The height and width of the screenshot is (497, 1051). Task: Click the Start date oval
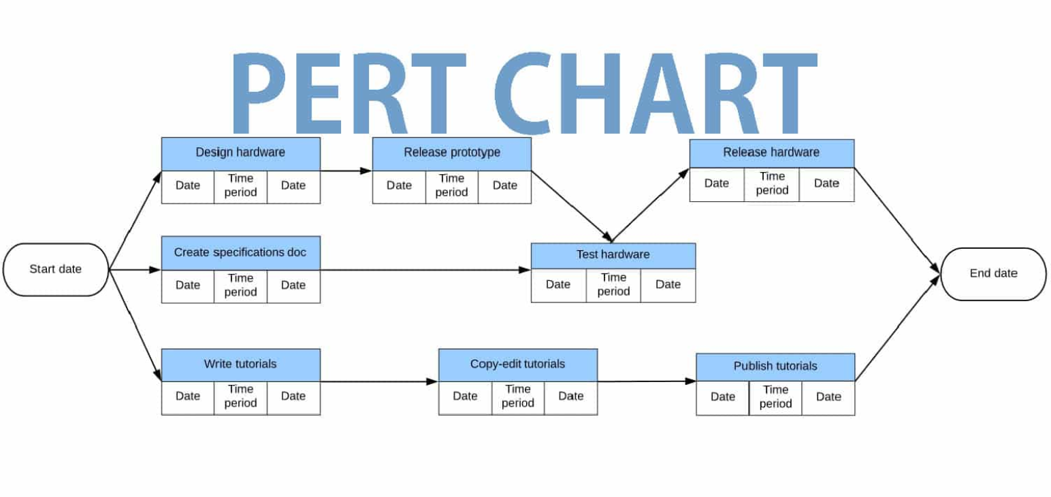[56, 269]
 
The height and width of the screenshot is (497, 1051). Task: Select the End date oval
[993, 273]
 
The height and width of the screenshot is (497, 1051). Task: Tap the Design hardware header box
[240, 153]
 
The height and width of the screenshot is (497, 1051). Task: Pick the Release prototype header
[451, 153]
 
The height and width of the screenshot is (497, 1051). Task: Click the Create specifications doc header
[240, 253]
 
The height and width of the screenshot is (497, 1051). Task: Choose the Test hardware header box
[613, 256]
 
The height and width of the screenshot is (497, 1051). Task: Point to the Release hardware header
[771, 153]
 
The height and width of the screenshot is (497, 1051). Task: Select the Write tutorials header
[240, 364]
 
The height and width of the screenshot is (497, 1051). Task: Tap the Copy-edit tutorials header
[517, 364]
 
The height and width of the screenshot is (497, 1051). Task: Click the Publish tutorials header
[775, 366]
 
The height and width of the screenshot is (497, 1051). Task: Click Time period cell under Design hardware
[240, 186]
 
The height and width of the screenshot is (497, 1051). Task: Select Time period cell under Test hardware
[613, 285]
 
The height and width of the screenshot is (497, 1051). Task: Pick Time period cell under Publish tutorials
[775, 397]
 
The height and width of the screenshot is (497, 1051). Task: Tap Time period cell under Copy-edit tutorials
[517, 396]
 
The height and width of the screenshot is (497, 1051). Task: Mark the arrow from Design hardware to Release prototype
[346, 171]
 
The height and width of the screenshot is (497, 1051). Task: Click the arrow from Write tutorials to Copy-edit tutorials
[378, 381]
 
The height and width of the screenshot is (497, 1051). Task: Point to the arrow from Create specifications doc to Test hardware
[425, 270]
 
